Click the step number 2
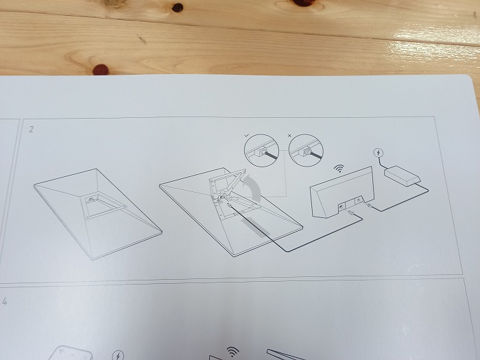coord(31,129)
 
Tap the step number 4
coord(5,301)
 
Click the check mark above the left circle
coord(247,134)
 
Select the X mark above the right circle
coord(289,135)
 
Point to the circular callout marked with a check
coord(261,150)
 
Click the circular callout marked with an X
coord(306,151)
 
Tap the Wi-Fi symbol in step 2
coord(339,168)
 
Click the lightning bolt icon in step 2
coord(379,152)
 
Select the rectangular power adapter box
coord(402,176)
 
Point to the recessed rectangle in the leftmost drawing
coord(104,206)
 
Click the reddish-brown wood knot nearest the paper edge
coord(101,69)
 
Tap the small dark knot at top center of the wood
coord(177,8)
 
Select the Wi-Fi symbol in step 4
coord(232,351)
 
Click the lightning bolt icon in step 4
coord(118,356)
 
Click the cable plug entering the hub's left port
coord(351,213)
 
